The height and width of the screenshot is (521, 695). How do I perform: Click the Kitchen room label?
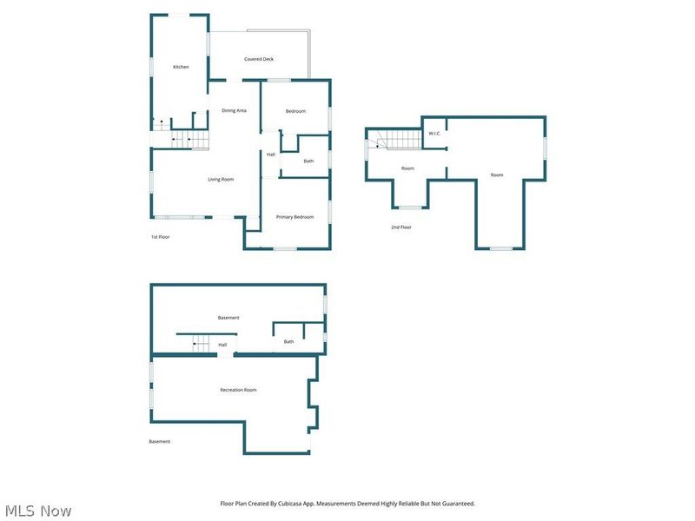tap(181, 67)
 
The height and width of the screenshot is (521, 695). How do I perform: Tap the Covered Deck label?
tap(259, 59)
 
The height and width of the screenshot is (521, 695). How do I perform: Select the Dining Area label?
tap(234, 110)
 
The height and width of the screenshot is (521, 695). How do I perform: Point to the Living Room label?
tap(221, 180)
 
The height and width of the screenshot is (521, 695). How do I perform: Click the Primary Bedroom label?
tap(295, 217)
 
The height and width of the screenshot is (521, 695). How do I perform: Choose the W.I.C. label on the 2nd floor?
tap(434, 134)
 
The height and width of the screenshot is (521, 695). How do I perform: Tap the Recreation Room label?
tap(238, 390)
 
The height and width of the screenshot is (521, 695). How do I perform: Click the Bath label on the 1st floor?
tap(308, 161)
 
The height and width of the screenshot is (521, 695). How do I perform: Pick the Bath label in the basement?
tap(288, 341)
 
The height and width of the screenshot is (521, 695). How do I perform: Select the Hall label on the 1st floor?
tap(271, 155)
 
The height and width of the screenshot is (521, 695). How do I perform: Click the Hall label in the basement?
tap(222, 345)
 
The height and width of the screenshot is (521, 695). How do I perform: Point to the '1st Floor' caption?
tap(161, 237)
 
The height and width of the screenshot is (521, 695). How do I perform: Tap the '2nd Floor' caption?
tap(401, 228)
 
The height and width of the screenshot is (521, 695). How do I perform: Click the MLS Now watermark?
tap(38, 511)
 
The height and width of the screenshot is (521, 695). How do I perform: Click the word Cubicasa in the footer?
tap(289, 504)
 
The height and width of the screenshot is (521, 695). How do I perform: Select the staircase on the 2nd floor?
tap(403, 140)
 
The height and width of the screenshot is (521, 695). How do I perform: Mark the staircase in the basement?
tap(201, 344)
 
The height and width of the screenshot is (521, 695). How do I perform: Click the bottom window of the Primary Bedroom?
tap(285, 248)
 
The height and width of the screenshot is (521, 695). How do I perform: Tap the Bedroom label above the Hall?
tap(295, 111)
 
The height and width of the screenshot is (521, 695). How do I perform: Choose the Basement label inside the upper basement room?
tap(228, 318)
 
